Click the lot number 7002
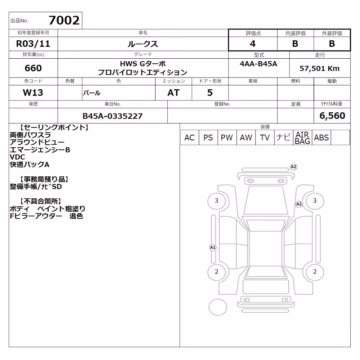[64, 21]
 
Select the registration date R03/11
[33, 44]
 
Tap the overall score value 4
[253, 44]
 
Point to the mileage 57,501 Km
[319, 68]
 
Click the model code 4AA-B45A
[258, 64]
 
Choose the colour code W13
[33, 93]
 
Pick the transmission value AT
[174, 93]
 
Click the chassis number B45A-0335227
[112, 116]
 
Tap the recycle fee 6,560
[332, 116]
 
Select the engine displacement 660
[33, 68]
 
